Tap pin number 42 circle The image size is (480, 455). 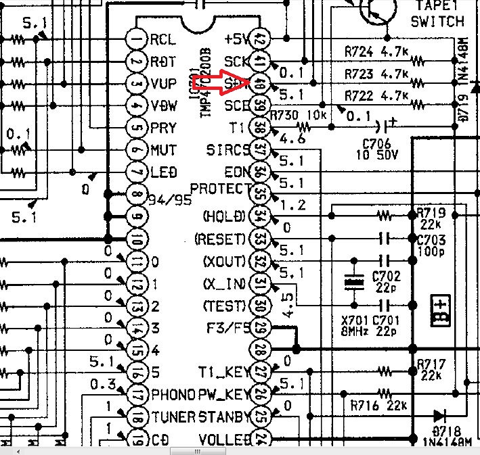259,39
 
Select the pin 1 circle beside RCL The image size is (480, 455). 138,39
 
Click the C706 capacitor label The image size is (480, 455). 376,143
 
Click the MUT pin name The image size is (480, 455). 163,150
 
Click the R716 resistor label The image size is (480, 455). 366,406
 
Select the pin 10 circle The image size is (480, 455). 138,239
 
